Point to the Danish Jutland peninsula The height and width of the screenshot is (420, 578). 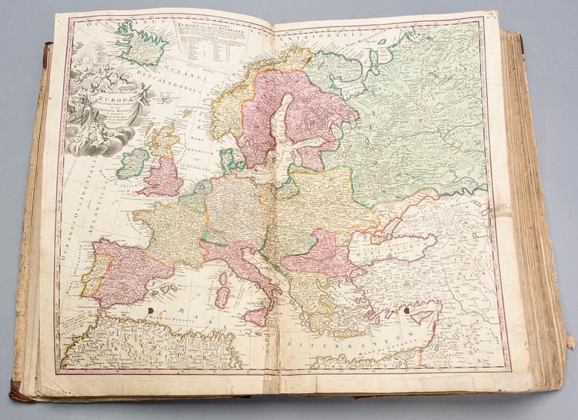point(229,159)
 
